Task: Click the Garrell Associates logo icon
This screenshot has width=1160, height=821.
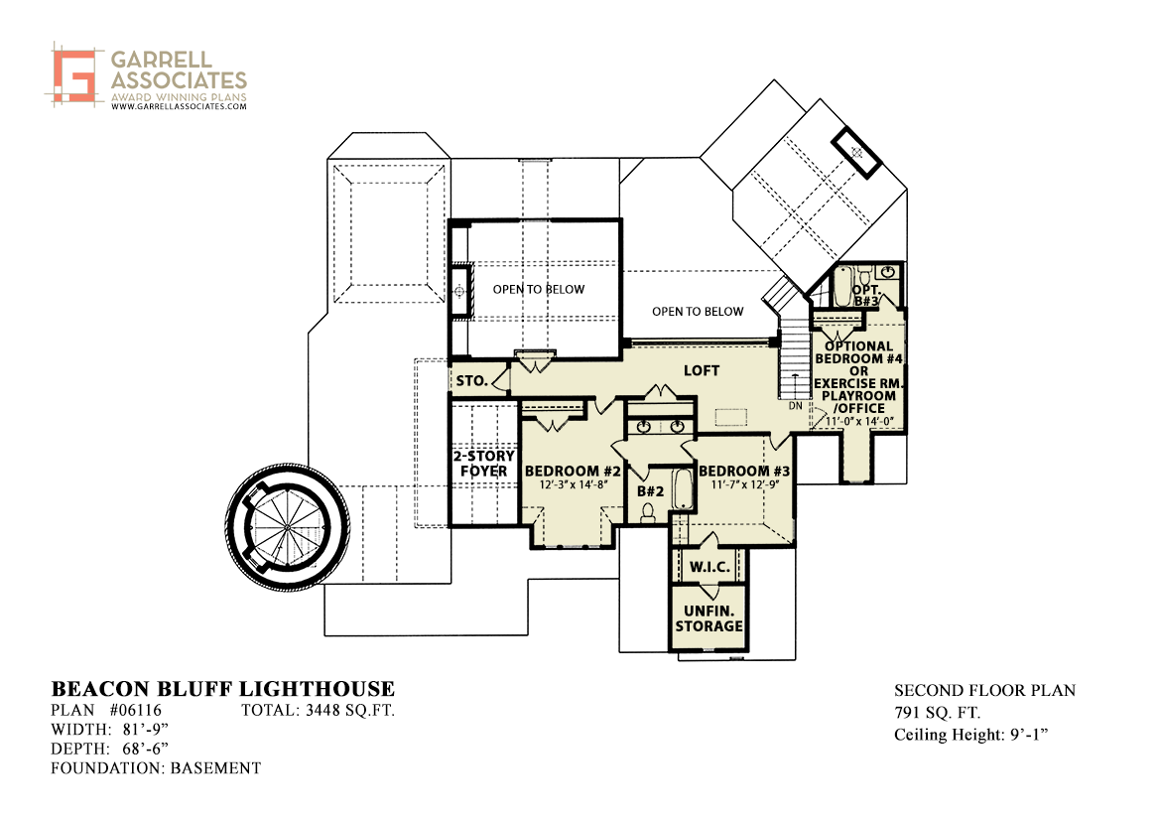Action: pyautogui.click(x=74, y=74)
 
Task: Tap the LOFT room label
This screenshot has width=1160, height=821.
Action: pyautogui.click(x=702, y=370)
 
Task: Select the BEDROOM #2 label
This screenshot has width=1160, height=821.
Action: pyautogui.click(x=573, y=471)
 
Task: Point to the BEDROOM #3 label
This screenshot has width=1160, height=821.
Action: pyautogui.click(x=744, y=471)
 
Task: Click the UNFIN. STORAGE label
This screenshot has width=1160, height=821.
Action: pyautogui.click(x=709, y=618)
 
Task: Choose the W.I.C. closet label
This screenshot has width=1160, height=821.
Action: pyautogui.click(x=709, y=567)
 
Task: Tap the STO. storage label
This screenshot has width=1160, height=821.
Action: pyautogui.click(x=471, y=380)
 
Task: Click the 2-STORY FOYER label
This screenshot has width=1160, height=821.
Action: pyautogui.click(x=484, y=464)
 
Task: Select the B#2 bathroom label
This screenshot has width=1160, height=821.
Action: pyautogui.click(x=650, y=490)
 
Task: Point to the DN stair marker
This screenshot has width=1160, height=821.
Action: pyautogui.click(x=795, y=406)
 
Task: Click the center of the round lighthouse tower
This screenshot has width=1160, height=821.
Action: pyautogui.click(x=287, y=527)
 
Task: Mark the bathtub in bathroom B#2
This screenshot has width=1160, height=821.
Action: pyautogui.click(x=683, y=487)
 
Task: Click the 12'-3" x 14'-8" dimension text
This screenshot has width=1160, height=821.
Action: pyautogui.click(x=574, y=484)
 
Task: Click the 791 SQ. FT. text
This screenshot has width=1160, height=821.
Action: pyautogui.click(x=937, y=713)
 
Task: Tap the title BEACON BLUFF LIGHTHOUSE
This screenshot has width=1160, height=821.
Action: pyautogui.click(x=222, y=689)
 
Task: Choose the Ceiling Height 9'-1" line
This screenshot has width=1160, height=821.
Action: pyautogui.click(x=970, y=735)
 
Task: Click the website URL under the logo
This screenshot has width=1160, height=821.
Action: pyautogui.click(x=179, y=106)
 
